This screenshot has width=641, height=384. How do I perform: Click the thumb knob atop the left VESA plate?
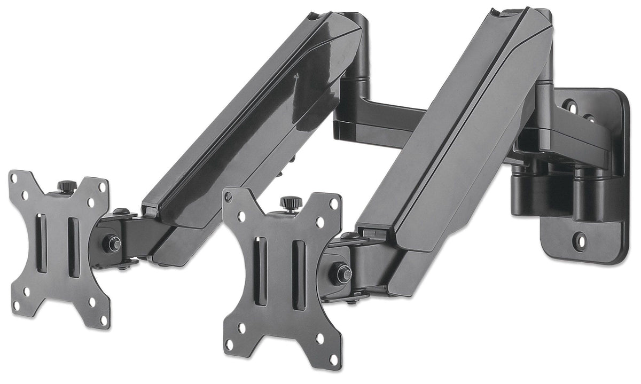pos(67,186)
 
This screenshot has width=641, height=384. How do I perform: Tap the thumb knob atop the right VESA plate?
pos(291,203)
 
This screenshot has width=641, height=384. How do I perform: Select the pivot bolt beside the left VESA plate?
pos(113,244)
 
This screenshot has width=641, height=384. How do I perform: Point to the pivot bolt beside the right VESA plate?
pos(342,274)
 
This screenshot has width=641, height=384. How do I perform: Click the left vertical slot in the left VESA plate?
pos(41,243)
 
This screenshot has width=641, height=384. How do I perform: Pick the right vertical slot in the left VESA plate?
pos(73,247)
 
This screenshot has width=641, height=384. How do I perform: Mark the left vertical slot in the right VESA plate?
pos(261,271)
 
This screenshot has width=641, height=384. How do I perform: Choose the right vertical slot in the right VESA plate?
pos(299,275)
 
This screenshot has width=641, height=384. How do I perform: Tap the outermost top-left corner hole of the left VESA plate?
pos(14,177)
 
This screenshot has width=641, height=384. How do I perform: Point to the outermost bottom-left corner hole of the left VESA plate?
pos(15,305)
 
